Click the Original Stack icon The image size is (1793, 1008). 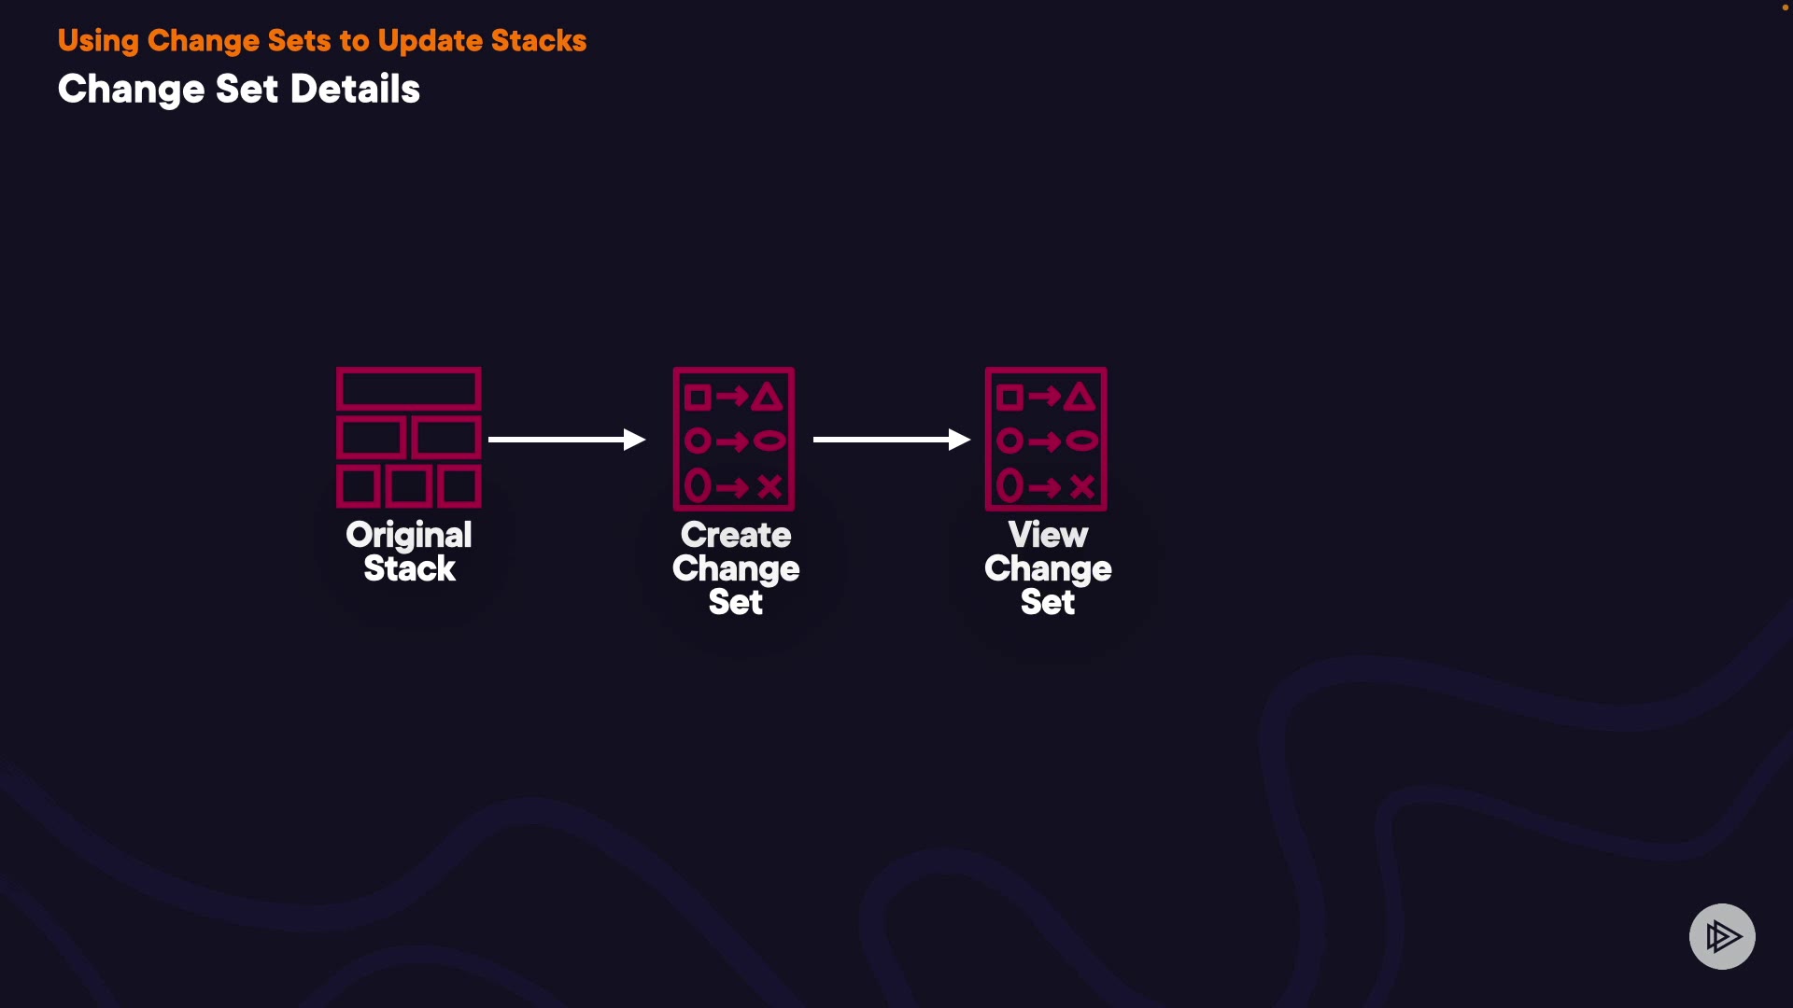[x=409, y=438]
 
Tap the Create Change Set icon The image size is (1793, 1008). [x=734, y=439]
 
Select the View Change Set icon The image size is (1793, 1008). [x=1046, y=439]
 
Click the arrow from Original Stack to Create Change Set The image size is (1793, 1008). [x=566, y=439]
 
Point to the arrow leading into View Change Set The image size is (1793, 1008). [x=891, y=439]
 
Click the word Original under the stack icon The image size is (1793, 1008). [x=409, y=536]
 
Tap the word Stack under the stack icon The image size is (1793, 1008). [x=409, y=568]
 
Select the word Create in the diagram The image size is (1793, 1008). [x=736, y=535]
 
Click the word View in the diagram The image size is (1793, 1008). [x=1048, y=535]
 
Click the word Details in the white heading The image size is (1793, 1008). [x=355, y=90]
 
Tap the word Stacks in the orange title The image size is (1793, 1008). [x=539, y=40]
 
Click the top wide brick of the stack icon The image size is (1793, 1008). [x=409, y=388]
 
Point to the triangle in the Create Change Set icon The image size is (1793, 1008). [x=768, y=398]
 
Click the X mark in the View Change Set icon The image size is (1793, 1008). [x=1082, y=486]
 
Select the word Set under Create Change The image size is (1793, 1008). [x=736, y=602]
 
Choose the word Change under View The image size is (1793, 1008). [x=1048, y=568]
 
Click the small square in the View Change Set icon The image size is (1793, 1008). [x=1009, y=398]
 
